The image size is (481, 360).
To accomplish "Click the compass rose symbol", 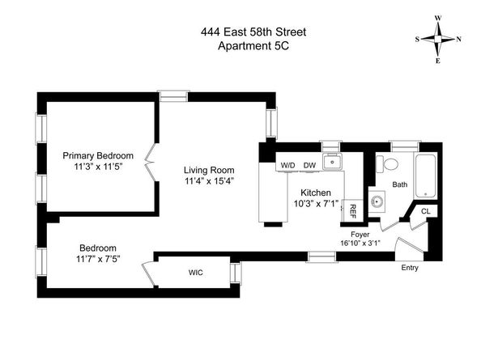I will tap(438, 38).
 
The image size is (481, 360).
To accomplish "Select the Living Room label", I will tap(208, 170).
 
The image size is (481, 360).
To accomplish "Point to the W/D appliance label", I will tap(287, 165).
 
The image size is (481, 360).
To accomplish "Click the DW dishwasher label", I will tap(309, 165).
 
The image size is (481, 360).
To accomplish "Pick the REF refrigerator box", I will tap(353, 212).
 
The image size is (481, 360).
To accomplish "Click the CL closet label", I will tap(426, 212).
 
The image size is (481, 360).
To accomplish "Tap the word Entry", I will tap(409, 268).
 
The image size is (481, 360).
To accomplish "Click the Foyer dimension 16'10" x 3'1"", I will tap(360, 244).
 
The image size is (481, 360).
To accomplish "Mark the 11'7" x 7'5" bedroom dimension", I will tap(98, 260).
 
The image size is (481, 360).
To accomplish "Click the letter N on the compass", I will tap(458, 39).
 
